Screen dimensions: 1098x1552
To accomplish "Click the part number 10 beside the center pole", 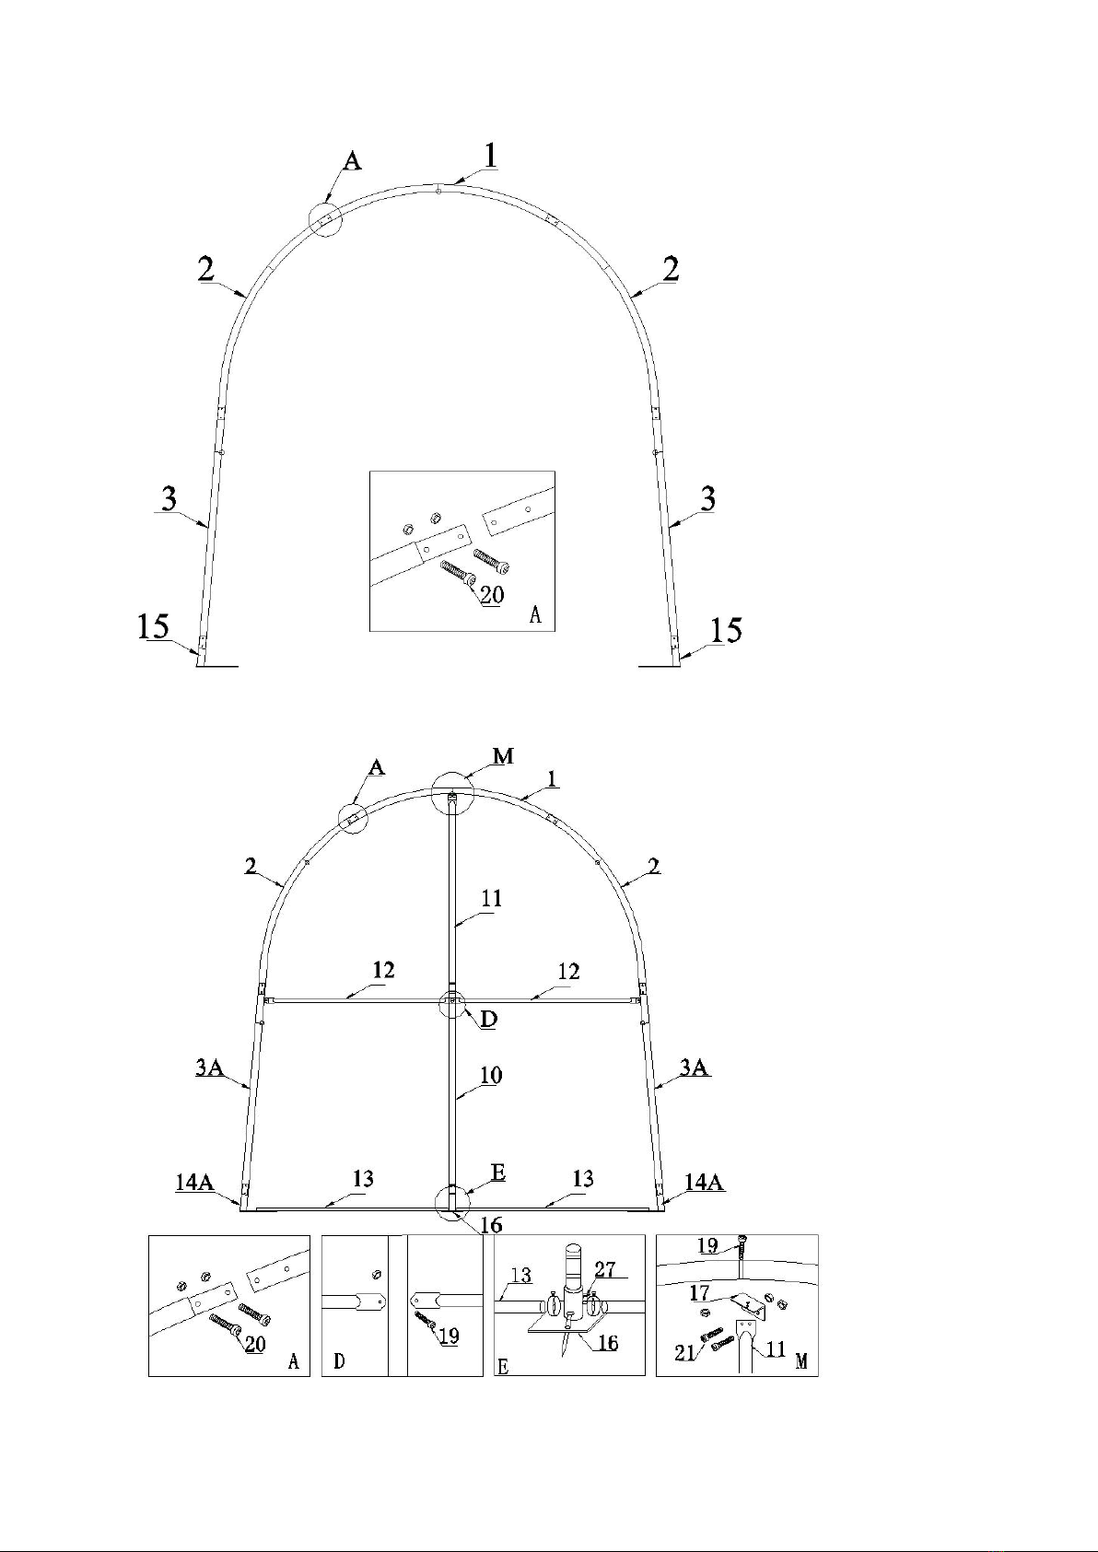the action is click(x=490, y=1075).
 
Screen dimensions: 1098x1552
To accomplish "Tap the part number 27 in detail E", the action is click(x=605, y=1269).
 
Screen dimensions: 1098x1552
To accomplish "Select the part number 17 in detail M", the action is click(x=700, y=1293).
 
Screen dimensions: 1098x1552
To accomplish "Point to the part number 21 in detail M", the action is click(x=684, y=1352).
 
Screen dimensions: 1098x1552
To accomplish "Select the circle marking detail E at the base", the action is click(x=452, y=1202).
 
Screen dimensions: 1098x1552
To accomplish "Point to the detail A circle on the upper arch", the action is click(x=325, y=218).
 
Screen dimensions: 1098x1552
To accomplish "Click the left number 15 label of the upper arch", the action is click(x=153, y=627).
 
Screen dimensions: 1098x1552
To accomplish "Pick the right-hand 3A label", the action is click(x=694, y=1068).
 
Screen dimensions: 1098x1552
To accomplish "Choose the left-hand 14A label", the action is click(x=194, y=1182).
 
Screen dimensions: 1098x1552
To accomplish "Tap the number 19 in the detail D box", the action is click(x=449, y=1336).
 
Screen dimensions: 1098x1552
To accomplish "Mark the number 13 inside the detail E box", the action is click(x=521, y=1275).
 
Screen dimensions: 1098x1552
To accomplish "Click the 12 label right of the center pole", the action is click(x=568, y=972).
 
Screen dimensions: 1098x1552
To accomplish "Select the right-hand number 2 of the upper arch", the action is click(x=671, y=270).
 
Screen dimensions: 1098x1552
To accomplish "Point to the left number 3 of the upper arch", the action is click(x=169, y=499).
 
